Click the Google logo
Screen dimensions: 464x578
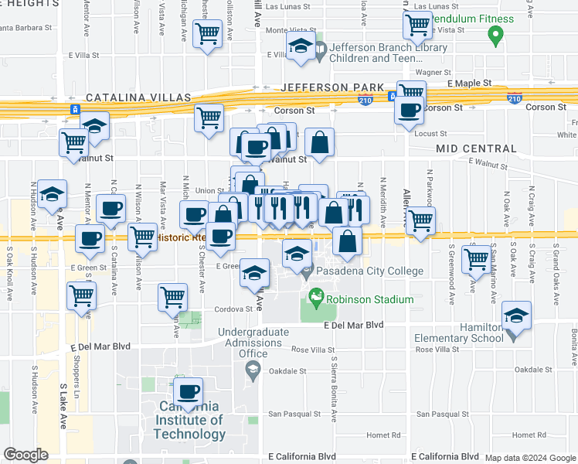click(x=25, y=455)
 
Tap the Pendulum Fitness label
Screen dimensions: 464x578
click(x=471, y=19)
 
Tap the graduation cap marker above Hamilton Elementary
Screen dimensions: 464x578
click(x=517, y=316)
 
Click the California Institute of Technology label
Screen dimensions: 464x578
click(x=189, y=420)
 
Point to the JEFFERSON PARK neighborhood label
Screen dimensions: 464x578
click(x=333, y=87)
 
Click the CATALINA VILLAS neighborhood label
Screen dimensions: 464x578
click(x=138, y=97)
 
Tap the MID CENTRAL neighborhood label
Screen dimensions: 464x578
click(x=476, y=148)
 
